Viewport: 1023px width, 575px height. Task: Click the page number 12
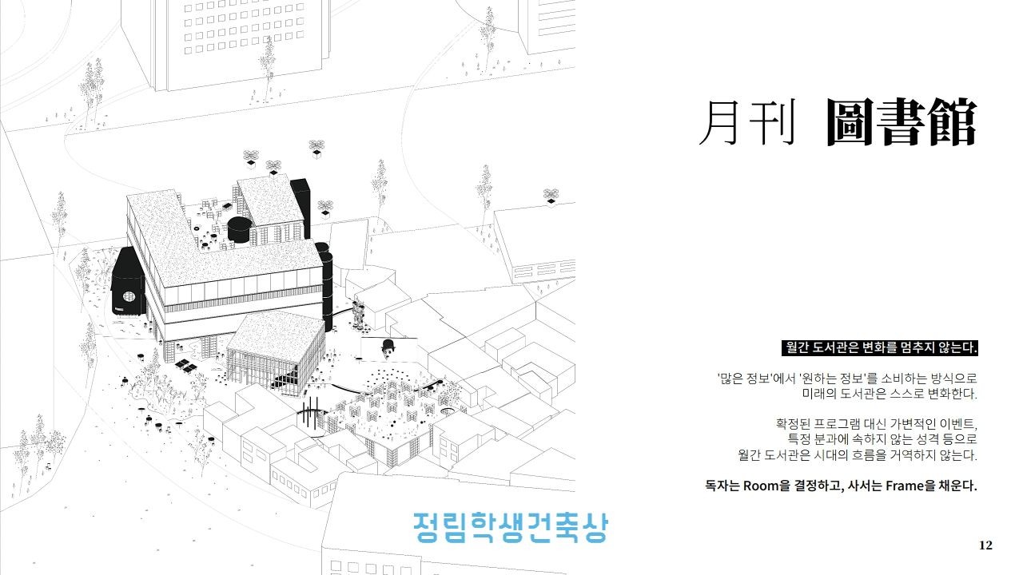pos(985,545)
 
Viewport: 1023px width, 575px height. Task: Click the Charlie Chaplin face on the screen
pos(388,347)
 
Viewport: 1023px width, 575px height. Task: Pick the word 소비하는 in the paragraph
pos(902,379)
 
